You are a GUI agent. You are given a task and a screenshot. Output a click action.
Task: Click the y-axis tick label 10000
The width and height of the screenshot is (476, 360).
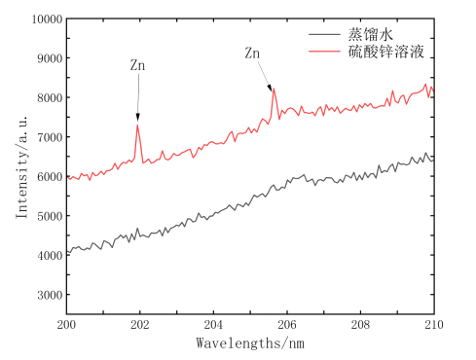pyautogui.click(x=47, y=19)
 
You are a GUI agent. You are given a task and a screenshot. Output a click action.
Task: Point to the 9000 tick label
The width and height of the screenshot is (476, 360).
pyautogui.click(x=50, y=58)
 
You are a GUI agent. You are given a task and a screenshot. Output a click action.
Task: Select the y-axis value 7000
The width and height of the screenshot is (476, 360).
pyautogui.click(x=50, y=137)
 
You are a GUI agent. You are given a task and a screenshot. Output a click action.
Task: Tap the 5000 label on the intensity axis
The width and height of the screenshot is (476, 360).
pyautogui.click(x=50, y=216)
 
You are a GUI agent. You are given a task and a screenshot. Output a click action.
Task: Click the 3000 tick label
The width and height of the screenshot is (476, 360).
pyautogui.click(x=50, y=295)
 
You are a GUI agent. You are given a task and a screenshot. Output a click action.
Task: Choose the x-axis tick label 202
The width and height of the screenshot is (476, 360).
pyautogui.click(x=140, y=325)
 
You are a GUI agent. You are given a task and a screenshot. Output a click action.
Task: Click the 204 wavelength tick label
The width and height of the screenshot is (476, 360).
pyautogui.click(x=213, y=325)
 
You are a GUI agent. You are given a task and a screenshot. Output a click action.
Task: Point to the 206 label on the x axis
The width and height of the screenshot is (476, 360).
pyautogui.click(x=287, y=325)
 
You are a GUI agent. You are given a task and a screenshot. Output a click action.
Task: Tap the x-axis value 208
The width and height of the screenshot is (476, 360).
pyautogui.click(x=360, y=325)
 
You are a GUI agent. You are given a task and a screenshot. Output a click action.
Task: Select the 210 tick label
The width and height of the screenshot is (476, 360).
pyautogui.click(x=434, y=325)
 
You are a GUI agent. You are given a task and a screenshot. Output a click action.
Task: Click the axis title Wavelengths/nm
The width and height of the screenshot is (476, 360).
pyautogui.click(x=250, y=343)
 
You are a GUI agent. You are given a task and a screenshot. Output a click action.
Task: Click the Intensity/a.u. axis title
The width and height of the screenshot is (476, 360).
pyautogui.click(x=22, y=167)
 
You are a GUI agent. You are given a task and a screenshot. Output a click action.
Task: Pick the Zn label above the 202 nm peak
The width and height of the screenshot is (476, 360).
pyautogui.click(x=137, y=65)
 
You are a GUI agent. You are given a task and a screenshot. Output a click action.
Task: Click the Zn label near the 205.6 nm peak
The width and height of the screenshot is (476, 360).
pyautogui.click(x=252, y=53)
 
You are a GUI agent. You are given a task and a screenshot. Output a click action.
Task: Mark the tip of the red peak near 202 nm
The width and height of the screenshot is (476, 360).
pyautogui.click(x=137, y=125)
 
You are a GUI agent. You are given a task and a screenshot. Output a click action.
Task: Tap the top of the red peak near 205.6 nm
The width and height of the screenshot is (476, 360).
pyautogui.click(x=274, y=89)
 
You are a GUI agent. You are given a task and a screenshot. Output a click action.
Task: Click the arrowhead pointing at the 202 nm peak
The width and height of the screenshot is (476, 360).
pyautogui.click(x=138, y=118)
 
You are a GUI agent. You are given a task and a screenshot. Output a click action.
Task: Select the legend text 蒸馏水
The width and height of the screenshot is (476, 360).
pyautogui.click(x=371, y=34)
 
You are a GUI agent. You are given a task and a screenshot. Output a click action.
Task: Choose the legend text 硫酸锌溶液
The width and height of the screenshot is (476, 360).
pyautogui.click(x=386, y=52)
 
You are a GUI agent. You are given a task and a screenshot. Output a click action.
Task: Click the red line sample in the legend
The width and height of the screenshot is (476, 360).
pyautogui.click(x=324, y=52)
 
